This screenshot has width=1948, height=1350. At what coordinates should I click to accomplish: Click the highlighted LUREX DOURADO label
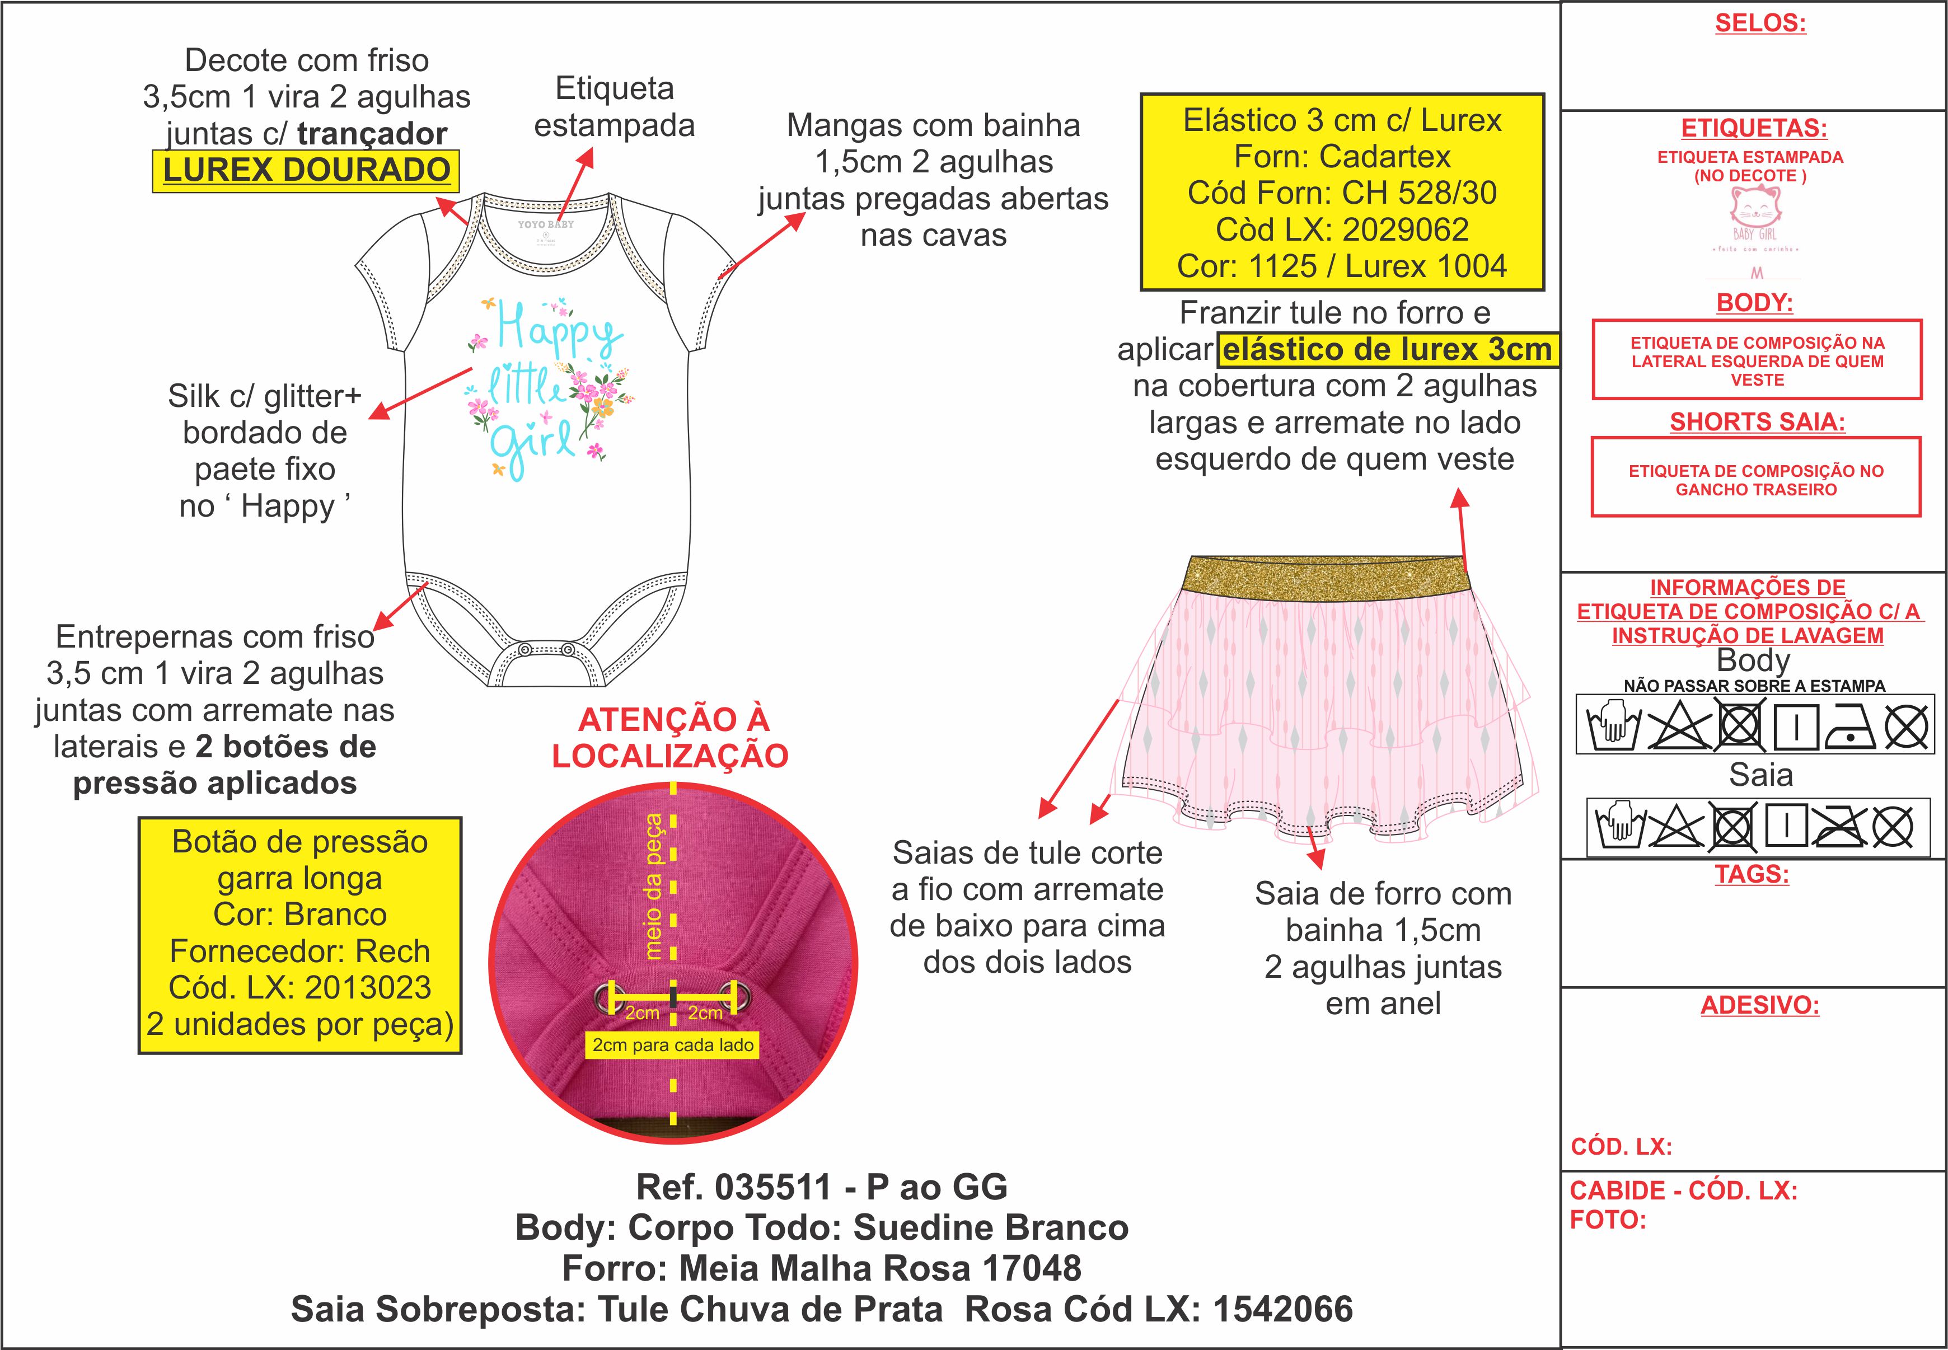click(306, 170)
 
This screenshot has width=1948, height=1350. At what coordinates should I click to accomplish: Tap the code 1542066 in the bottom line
click(1282, 1309)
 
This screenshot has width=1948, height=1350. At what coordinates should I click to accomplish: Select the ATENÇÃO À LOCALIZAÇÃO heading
click(670, 738)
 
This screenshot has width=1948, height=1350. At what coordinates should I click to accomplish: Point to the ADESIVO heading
click(1759, 1006)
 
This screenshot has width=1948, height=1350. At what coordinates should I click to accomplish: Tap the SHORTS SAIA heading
click(1757, 422)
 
